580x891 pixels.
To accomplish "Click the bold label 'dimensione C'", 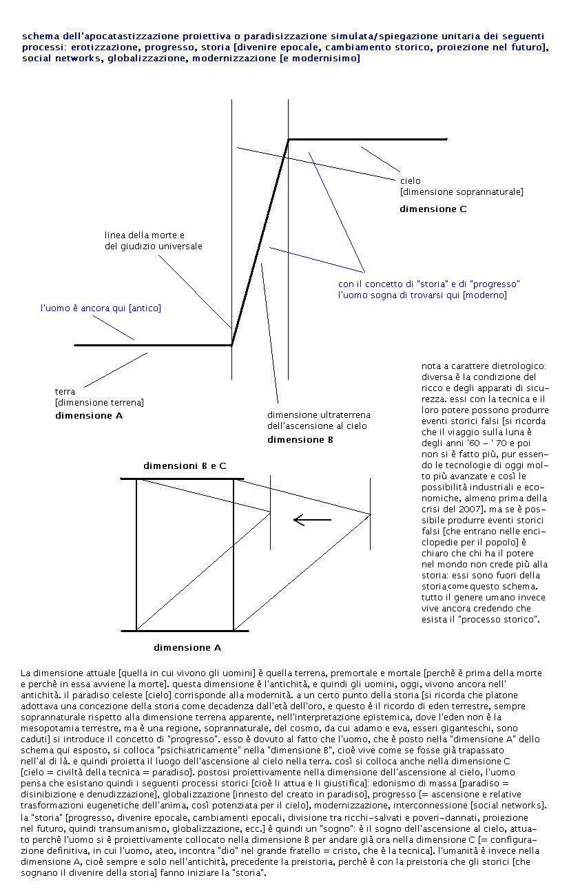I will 433,209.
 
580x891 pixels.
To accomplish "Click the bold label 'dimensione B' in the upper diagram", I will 300,439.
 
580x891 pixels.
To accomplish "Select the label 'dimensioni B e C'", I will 185,466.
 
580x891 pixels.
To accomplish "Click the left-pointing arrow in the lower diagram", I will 312,520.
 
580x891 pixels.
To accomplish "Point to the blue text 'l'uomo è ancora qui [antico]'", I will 100,308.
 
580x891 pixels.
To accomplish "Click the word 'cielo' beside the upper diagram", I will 411,180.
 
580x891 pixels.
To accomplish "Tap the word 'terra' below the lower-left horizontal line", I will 65,391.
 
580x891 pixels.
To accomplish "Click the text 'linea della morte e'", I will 145,235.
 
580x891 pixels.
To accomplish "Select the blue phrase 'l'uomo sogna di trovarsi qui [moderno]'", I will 422,295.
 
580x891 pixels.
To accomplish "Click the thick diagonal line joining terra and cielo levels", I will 260,242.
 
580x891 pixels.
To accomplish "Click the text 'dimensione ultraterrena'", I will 318,415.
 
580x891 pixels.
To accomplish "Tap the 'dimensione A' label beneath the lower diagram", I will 187,647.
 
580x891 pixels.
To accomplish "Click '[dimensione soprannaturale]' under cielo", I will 461,191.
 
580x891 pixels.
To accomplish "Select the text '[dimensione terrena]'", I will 99,402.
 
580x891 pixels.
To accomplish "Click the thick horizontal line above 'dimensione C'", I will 368,140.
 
